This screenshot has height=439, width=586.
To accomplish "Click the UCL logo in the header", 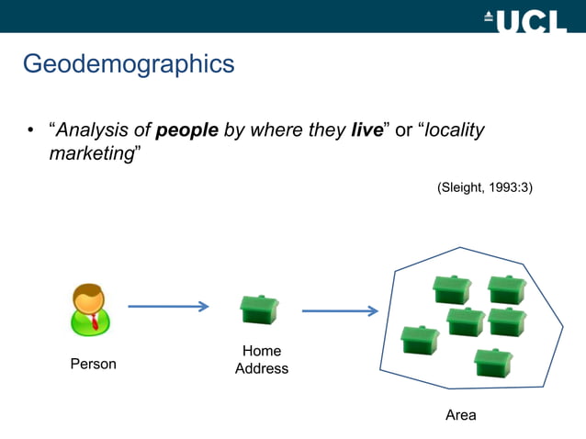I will pyautogui.click(x=524, y=17).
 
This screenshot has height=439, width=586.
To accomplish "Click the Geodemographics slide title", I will pyautogui.click(x=128, y=64).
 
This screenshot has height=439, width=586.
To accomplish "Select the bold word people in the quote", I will pyautogui.click(x=187, y=129).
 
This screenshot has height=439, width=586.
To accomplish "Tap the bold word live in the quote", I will pyautogui.click(x=366, y=129).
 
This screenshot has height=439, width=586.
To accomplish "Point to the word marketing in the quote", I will pyautogui.click(x=92, y=153).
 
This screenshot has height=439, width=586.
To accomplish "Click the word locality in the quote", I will pyautogui.click(x=452, y=129).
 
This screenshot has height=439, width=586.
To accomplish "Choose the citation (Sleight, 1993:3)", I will pyautogui.click(x=484, y=187).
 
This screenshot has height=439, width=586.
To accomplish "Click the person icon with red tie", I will pyautogui.click(x=90, y=310).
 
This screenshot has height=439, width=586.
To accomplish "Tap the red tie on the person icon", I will pyautogui.click(x=94, y=321).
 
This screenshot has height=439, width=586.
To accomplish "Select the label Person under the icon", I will pyautogui.click(x=94, y=364).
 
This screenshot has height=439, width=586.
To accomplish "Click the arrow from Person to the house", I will pyautogui.click(x=168, y=307).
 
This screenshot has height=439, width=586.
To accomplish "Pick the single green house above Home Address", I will pyautogui.click(x=259, y=309).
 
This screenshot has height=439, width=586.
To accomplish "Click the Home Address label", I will pyautogui.click(x=262, y=360).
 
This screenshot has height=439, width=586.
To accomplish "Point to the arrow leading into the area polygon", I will pyautogui.click(x=340, y=310).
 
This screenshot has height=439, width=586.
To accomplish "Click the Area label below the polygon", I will pyautogui.click(x=460, y=415).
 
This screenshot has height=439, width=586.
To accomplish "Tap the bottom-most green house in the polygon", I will pyautogui.click(x=493, y=362).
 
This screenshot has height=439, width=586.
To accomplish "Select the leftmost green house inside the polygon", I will pyautogui.click(x=421, y=339).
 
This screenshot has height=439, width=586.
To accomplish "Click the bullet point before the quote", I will pyautogui.click(x=29, y=130).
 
